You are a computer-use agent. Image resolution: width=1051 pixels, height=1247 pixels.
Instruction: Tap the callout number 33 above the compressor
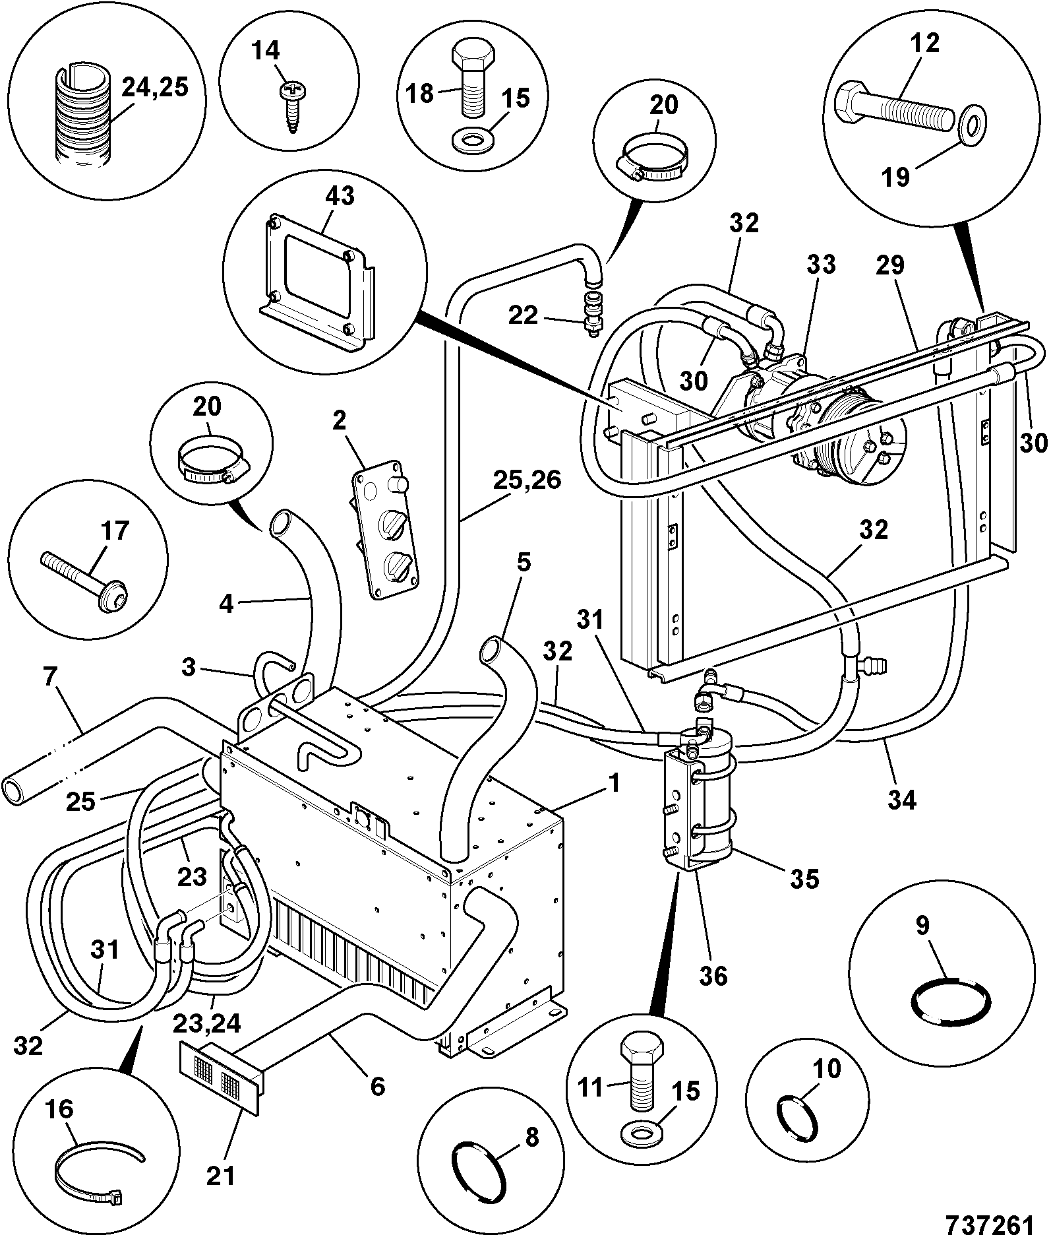tap(820, 265)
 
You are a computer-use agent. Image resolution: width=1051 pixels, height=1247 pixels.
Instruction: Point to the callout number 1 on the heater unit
tap(614, 784)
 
